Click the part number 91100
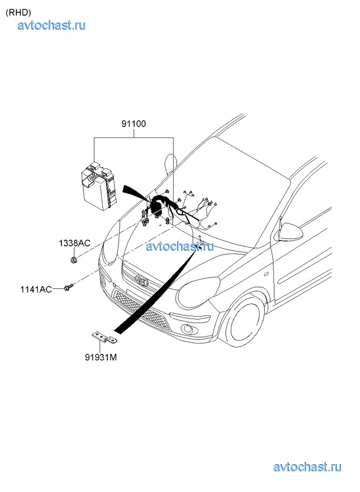click(134, 124)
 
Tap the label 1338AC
click(74, 243)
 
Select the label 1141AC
click(52, 288)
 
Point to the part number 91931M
click(101, 357)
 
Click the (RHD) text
click(18, 12)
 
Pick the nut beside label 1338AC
click(74, 259)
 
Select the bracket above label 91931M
click(103, 337)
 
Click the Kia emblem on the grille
click(141, 280)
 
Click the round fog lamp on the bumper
click(190, 331)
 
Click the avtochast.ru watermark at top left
click(52, 24)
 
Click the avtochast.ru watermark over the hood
click(180, 246)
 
